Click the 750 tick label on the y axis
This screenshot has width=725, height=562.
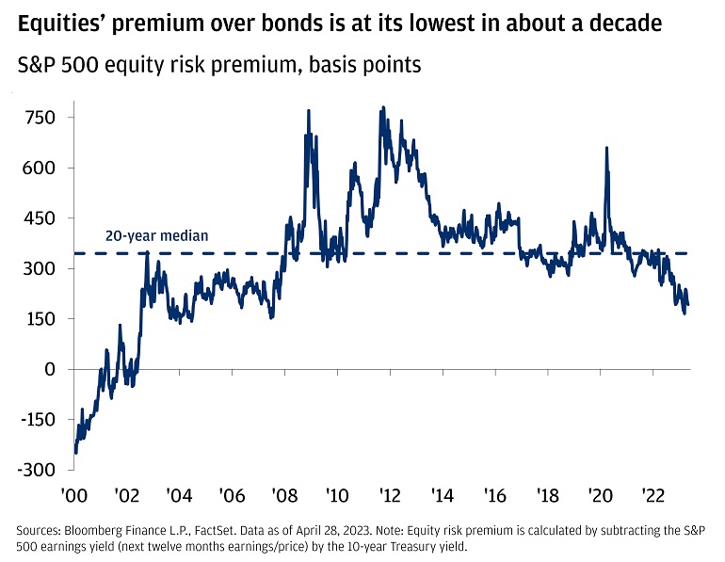(x=40, y=118)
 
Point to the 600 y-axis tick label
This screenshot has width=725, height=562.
(x=40, y=168)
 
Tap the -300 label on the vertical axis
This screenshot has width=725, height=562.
(x=38, y=470)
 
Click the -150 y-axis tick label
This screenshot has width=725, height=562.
(x=38, y=420)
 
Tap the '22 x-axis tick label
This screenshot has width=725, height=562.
(x=655, y=495)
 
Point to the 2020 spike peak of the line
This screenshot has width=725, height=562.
(x=605, y=148)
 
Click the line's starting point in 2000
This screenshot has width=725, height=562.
(x=74, y=451)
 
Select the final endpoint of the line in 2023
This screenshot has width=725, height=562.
(x=688, y=304)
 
